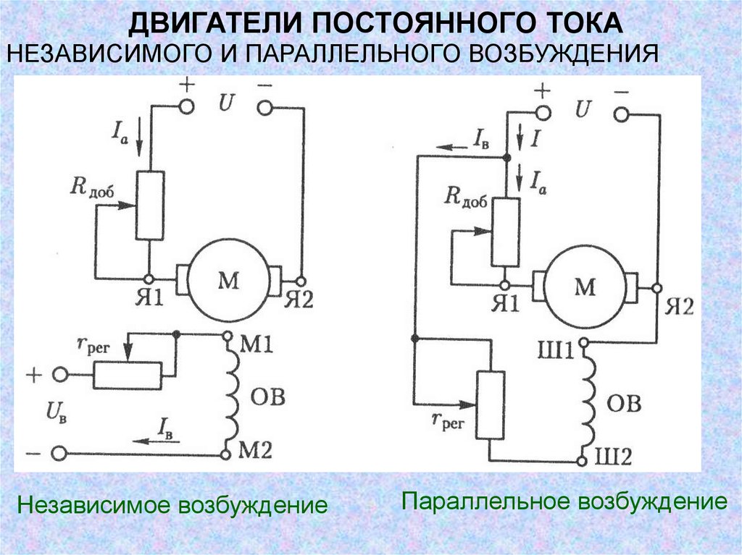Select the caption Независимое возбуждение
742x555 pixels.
point(172,505)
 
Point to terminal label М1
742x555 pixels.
point(257,345)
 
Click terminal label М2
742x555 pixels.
point(255,451)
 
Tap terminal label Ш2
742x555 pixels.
point(613,457)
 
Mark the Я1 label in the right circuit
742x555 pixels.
point(505,303)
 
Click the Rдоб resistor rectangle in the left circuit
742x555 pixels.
point(150,206)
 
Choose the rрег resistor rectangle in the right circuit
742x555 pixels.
point(491,406)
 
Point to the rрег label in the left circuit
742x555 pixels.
point(93,347)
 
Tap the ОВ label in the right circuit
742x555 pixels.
point(624,404)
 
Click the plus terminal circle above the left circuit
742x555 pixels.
point(187,107)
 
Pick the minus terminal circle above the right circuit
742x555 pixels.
point(621,114)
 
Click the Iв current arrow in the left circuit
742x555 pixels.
point(156,441)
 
